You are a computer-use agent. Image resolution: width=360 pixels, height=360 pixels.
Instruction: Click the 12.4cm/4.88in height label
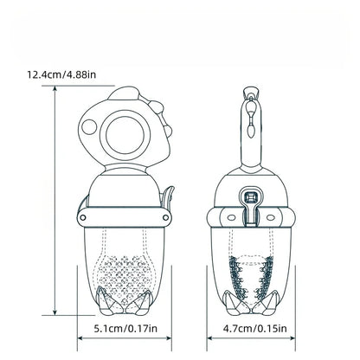(x=61, y=74)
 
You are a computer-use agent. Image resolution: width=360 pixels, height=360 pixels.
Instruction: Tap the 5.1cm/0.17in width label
(x=125, y=328)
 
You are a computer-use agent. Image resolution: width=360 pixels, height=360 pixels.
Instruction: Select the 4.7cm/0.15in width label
(x=254, y=328)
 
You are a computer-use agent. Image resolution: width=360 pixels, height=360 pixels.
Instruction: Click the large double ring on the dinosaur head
(x=125, y=135)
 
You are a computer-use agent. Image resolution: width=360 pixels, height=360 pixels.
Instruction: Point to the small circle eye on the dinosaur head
(x=89, y=127)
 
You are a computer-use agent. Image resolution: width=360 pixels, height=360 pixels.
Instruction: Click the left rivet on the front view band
(x=83, y=217)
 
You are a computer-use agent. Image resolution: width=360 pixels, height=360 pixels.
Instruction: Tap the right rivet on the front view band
(x=166, y=217)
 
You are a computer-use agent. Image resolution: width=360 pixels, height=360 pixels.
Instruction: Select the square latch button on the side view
(x=250, y=198)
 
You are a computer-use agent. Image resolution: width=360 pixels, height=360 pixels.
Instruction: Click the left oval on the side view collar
(x=231, y=217)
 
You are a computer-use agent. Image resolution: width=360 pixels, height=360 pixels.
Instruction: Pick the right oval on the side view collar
(x=271, y=217)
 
